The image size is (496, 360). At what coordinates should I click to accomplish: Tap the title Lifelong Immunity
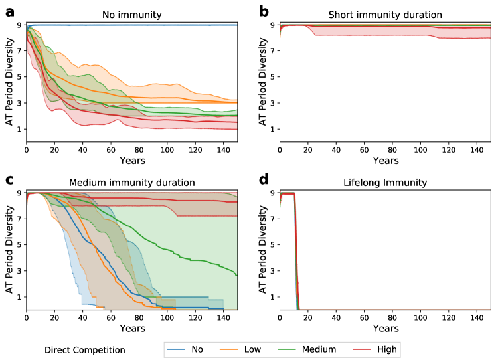pos(385,182)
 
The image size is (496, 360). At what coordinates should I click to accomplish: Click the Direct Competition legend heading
pos(84,349)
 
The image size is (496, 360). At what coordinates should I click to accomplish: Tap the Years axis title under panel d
pos(385,329)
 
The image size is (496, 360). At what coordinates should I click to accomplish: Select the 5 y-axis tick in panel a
pos(19,76)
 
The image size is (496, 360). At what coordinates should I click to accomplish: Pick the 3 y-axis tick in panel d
pos(273,270)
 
